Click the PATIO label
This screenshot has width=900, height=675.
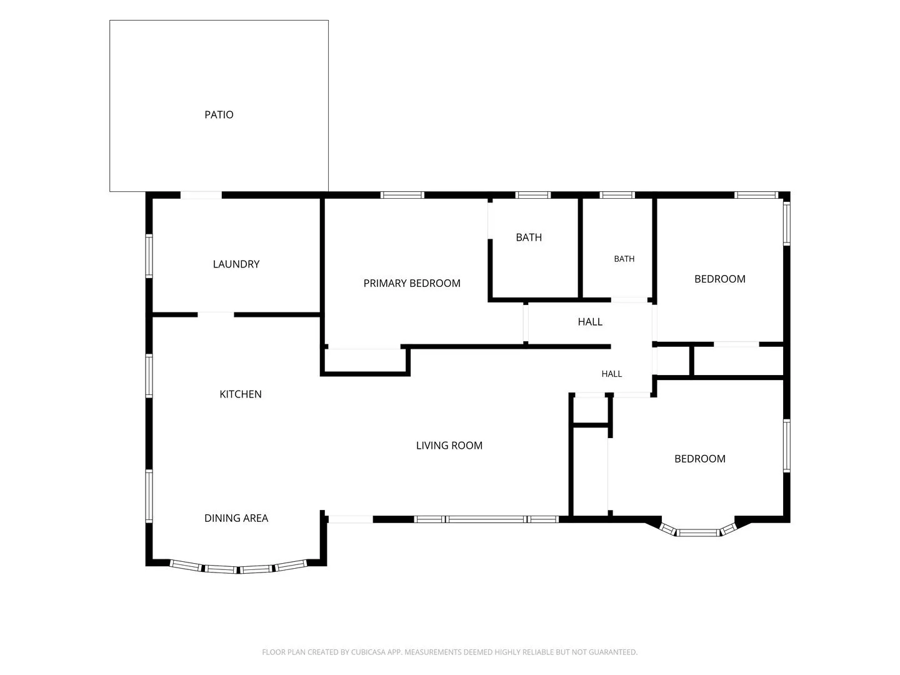pyautogui.click(x=219, y=115)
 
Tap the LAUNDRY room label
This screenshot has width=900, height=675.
pyautogui.click(x=236, y=264)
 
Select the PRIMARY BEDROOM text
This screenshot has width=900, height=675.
pyautogui.click(x=412, y=283)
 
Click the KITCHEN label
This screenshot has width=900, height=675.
pyautogui.click(x=240, y=394)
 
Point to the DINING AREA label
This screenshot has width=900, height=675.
pyautogui.click(x=236, y=518)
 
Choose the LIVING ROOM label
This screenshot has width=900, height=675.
pyautogui.click(x=449, y=446)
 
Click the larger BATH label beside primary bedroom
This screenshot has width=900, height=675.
pyautogui.click(x=529, y=237)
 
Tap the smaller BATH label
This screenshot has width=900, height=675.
pyautogui.click(x=624, y=259)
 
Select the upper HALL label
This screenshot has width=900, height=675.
pyautogui.click(x=590, y=322)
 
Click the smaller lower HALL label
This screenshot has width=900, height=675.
pyautogui.click(x=611, y=374)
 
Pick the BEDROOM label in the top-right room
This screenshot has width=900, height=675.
pyautogui.click(x=719, y=279)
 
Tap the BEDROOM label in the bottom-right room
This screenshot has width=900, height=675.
pyautogui.click(x=699, y=459)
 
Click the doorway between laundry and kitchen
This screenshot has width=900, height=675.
pyautogui.click(x=216, y=315)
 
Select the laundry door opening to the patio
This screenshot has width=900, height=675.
pyautogui.click(x=201, y=195)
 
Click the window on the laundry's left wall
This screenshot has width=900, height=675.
pyautogui.click(x=149, y=256)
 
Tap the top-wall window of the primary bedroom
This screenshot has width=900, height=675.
pyautogui.click(x=402, y=195)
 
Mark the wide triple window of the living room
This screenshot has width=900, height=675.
pyautogui.click(x=486, y=519)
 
